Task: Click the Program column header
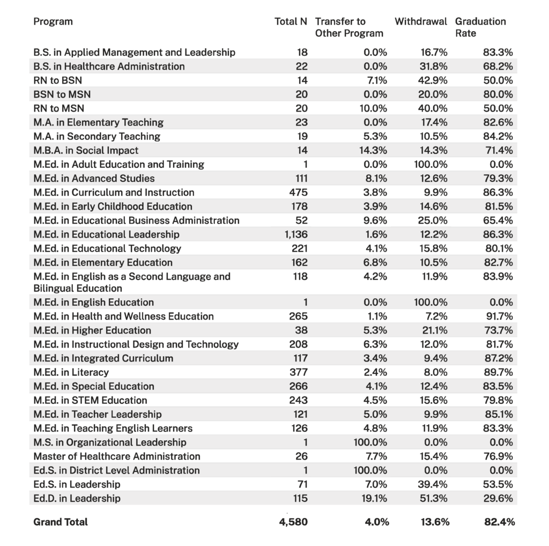(53, 21)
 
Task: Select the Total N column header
(291, 21)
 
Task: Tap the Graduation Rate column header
(480, 27)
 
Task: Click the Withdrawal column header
(421, 21)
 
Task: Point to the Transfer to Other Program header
(349, 27)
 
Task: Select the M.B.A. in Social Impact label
(86, 150)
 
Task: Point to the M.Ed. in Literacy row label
(71, 372)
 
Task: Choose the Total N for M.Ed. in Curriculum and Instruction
(298, 193)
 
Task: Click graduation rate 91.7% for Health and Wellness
(498, 316)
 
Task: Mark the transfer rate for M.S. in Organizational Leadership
(370, 442)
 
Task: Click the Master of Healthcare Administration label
(116, 456)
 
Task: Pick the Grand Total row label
(61, 522)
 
